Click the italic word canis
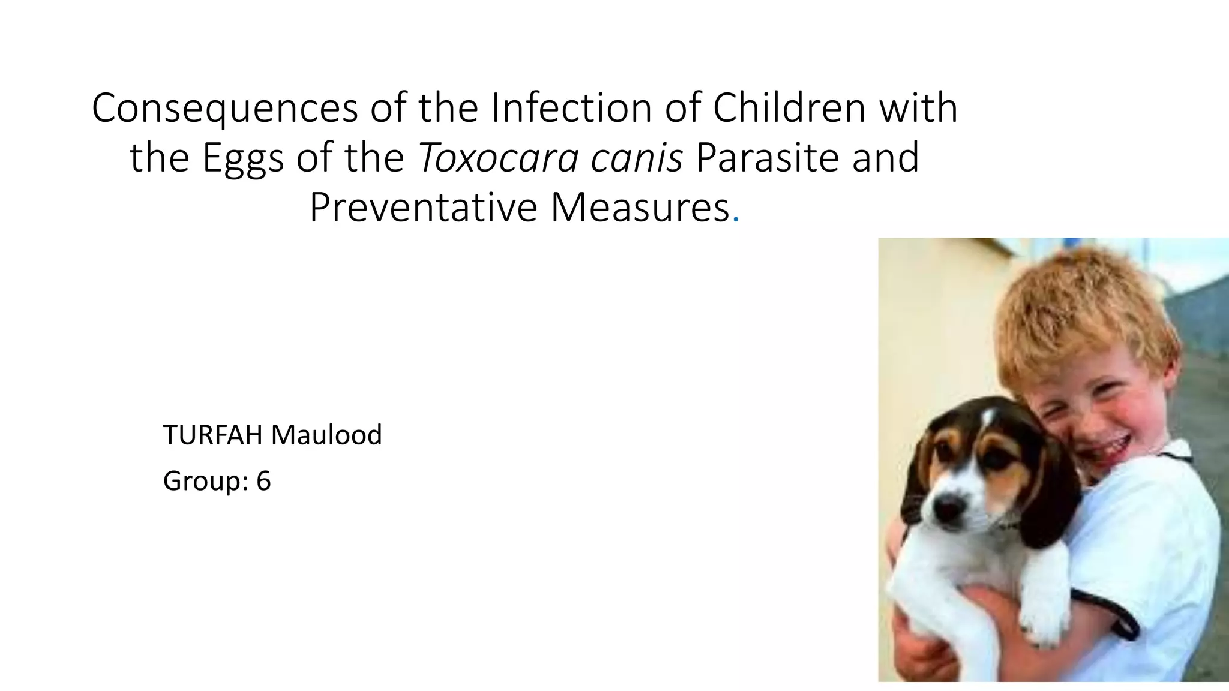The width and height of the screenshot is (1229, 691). pos(637,158)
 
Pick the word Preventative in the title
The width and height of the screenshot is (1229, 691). pos(424,208)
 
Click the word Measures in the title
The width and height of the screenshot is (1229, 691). pos(640,208)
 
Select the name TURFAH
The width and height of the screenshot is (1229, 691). pos(212,435)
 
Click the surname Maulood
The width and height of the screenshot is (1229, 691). pos(326,435)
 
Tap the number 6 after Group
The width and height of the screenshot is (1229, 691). pos(263,481)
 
